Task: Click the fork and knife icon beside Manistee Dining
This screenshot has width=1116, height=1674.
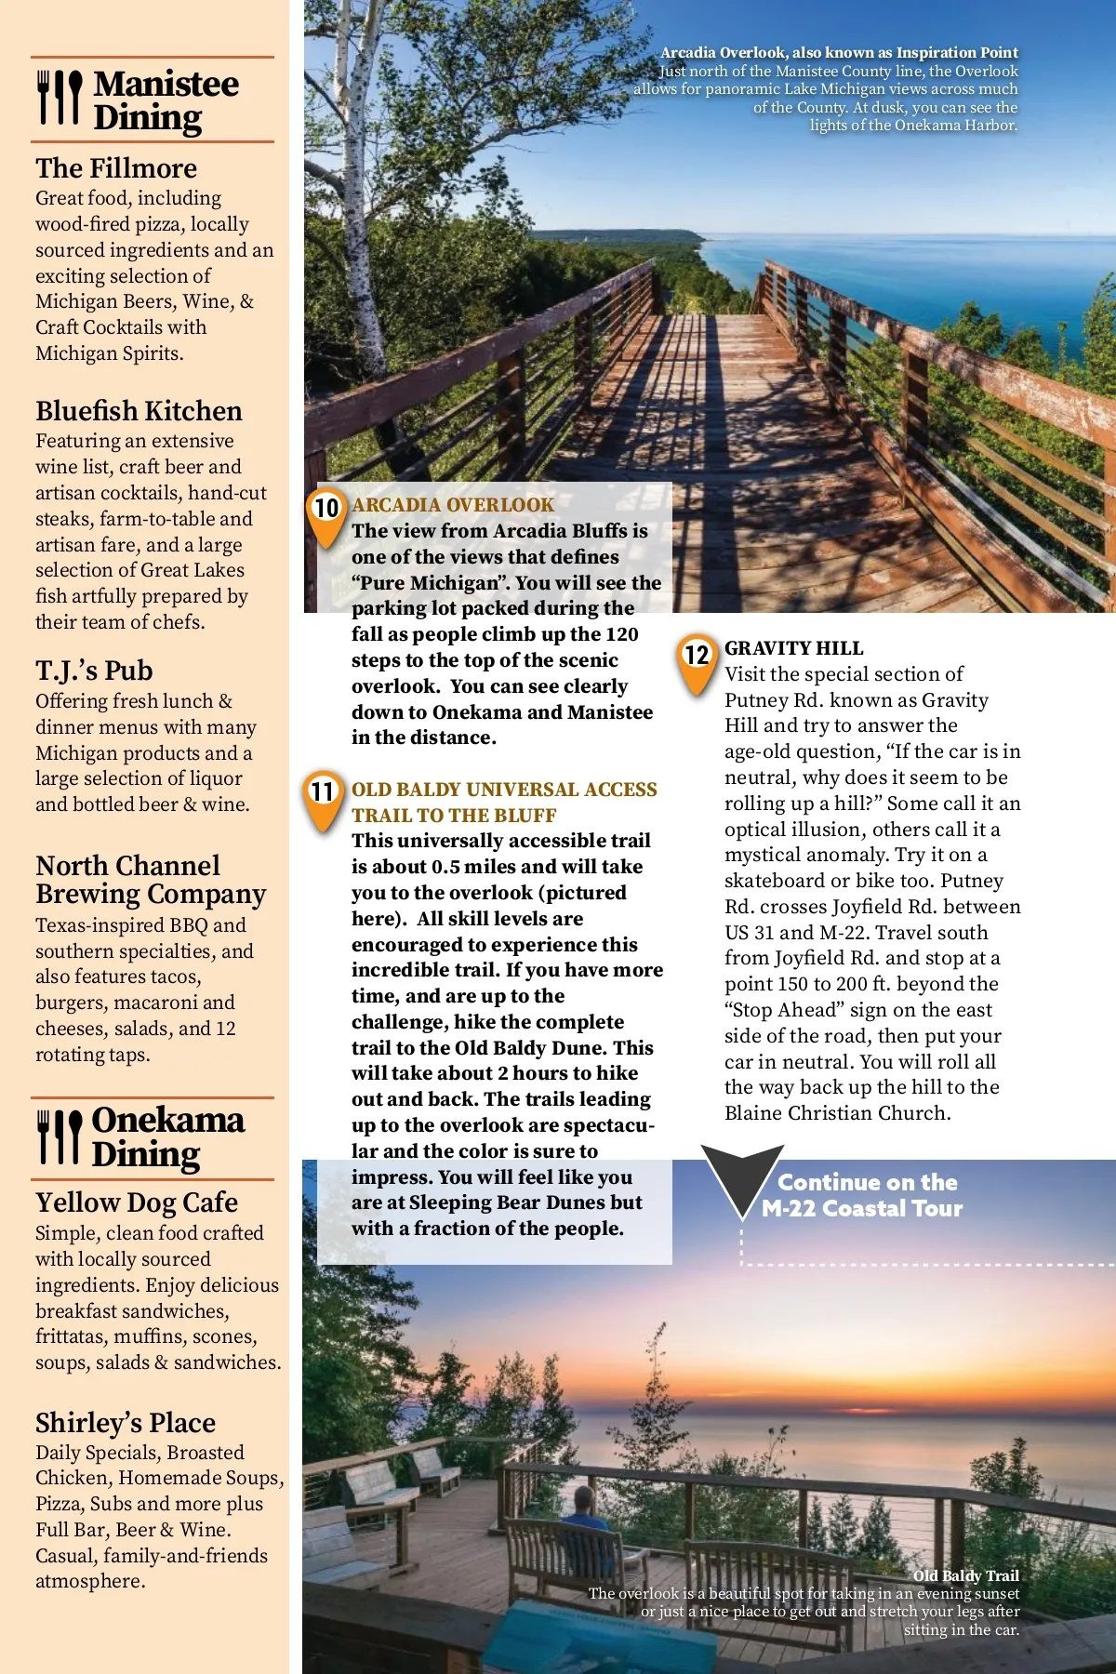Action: [59, 98]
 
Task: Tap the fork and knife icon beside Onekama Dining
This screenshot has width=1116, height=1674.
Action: [59, 1136]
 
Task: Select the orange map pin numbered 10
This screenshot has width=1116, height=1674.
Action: [326, 512]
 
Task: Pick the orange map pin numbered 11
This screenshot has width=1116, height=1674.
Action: [322, 797]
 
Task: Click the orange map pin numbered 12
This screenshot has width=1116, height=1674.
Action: [697, 660]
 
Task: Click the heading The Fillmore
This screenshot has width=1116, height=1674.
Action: [116, 168]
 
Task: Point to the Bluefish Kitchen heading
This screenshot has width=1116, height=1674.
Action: [139, 411]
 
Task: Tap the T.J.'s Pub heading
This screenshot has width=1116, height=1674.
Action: [94, 671]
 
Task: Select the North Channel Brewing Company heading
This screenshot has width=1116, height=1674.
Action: [151, 880]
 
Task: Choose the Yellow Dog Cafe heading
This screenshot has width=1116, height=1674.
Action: [137, 1202]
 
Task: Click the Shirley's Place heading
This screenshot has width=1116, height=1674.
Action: [126, 1423]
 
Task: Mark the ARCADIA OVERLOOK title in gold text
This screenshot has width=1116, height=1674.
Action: [453, 505]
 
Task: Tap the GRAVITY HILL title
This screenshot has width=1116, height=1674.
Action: [794, 648]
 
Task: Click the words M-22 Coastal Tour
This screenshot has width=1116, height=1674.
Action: [862, 1208]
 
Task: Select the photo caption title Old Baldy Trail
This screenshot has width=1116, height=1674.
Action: [966, 1575]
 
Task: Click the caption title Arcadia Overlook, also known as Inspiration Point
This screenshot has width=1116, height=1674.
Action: [839, 53]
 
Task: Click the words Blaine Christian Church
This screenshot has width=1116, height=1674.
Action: [837, 1113]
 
